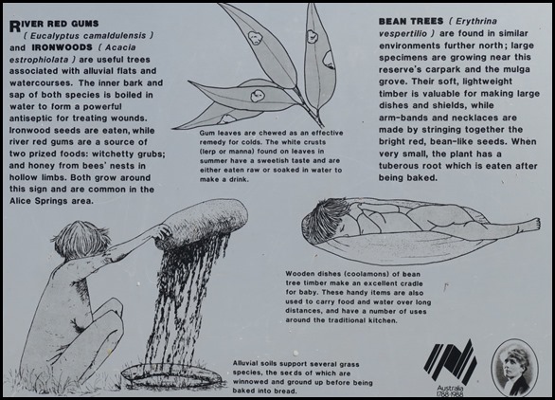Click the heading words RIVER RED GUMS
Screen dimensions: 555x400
pos(54,25)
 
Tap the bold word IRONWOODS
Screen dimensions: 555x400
pos(62,47)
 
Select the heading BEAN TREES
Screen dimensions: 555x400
pos(411,21)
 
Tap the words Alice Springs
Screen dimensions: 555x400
pos(39,201)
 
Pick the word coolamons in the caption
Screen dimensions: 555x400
pos(363,274)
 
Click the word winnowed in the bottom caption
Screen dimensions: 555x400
pos(249,382)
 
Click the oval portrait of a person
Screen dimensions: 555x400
pos(515,368)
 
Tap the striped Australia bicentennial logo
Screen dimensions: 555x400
pos(450,362)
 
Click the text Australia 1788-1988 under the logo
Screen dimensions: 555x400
pos(450,391)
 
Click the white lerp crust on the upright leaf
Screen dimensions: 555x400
pos(312,36)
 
